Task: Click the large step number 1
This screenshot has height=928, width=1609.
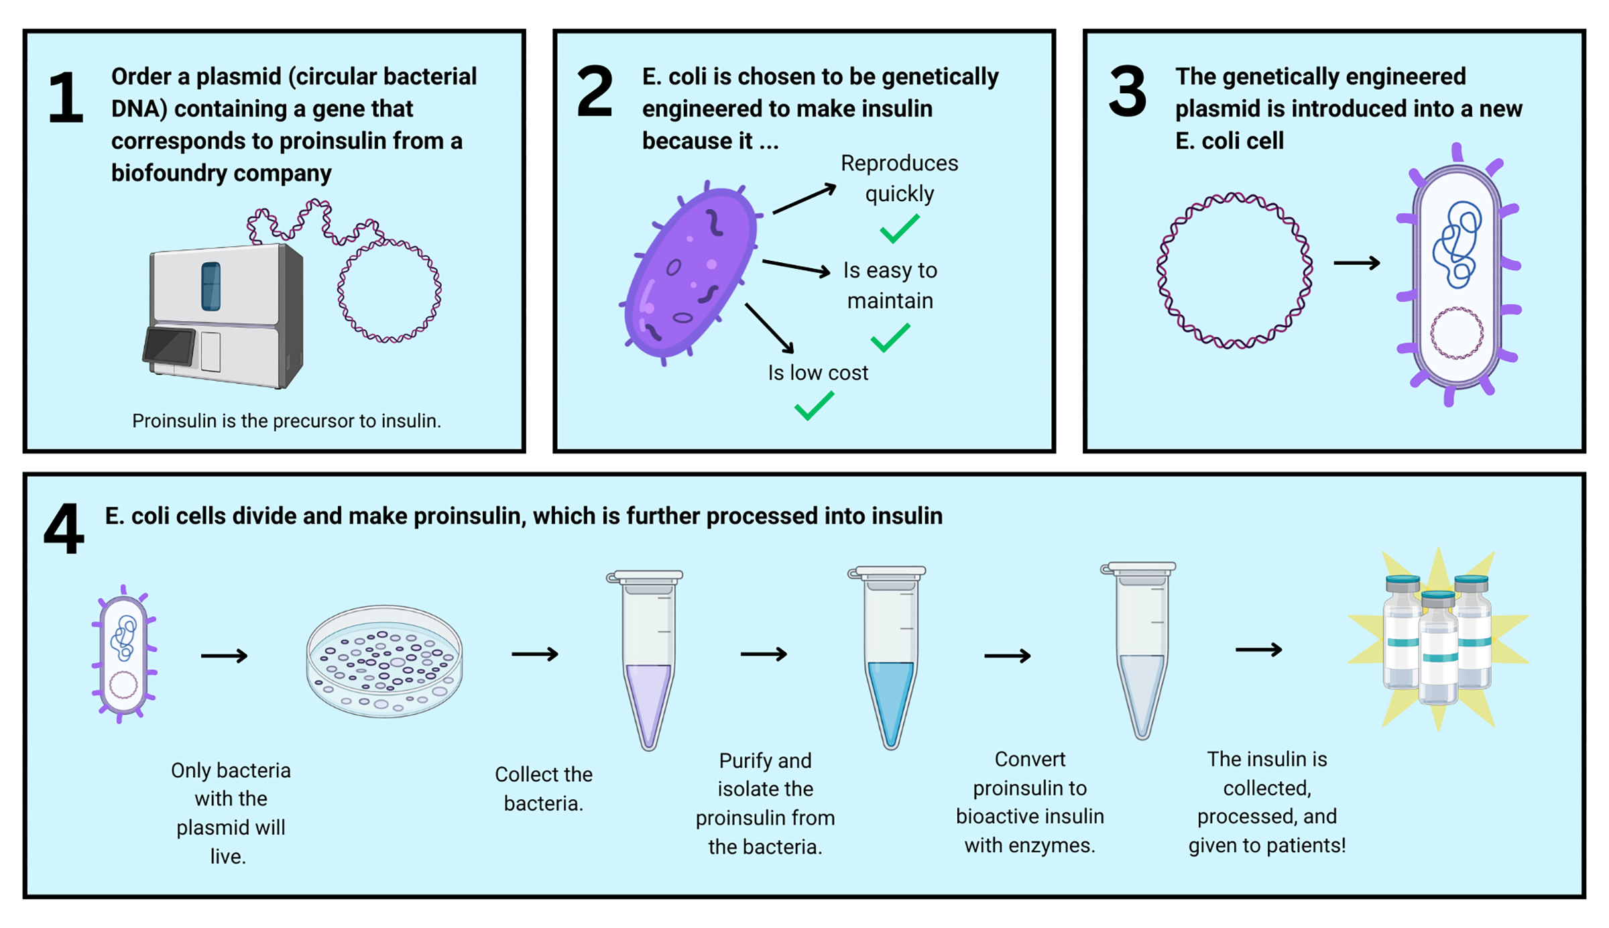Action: [66, 98]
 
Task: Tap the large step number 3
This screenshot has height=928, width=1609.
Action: [1128, 93]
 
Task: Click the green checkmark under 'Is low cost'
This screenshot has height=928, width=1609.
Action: [814, 405]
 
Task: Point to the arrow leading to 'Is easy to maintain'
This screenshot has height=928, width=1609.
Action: [796, 268]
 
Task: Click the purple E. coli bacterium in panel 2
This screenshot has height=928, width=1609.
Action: [691, 272]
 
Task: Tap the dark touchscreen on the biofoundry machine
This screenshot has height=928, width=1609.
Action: [170, 345]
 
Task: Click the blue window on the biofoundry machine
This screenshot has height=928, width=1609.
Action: [211, 286]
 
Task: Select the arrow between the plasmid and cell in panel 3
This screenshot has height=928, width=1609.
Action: [1356, 263]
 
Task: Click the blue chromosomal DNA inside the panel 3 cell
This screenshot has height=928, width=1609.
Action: [1456, 244]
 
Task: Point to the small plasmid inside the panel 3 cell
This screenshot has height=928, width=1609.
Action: [1456, 333]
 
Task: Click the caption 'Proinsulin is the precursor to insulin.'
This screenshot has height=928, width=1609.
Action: [286, 421]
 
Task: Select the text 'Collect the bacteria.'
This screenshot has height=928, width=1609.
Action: [543, 789]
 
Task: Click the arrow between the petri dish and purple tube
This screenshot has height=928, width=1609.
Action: [534, 654]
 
